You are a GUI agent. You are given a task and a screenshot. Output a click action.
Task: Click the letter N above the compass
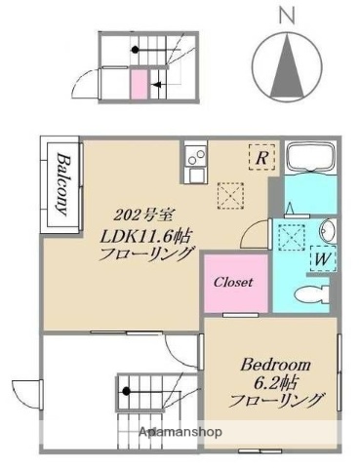tap(285, 14)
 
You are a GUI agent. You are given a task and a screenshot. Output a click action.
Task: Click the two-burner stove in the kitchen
tap(194, 155)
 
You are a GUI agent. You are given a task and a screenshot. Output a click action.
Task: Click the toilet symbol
tap(310, 293)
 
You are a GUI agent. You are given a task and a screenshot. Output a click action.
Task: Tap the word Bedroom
tap(276, 365)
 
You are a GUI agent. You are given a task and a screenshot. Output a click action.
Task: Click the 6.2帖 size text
tap(276, 382)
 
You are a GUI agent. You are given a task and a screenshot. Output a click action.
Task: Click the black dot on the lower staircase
tap(126, 393)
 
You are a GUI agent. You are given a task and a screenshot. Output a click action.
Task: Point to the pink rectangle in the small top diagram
tap(139, 82)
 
